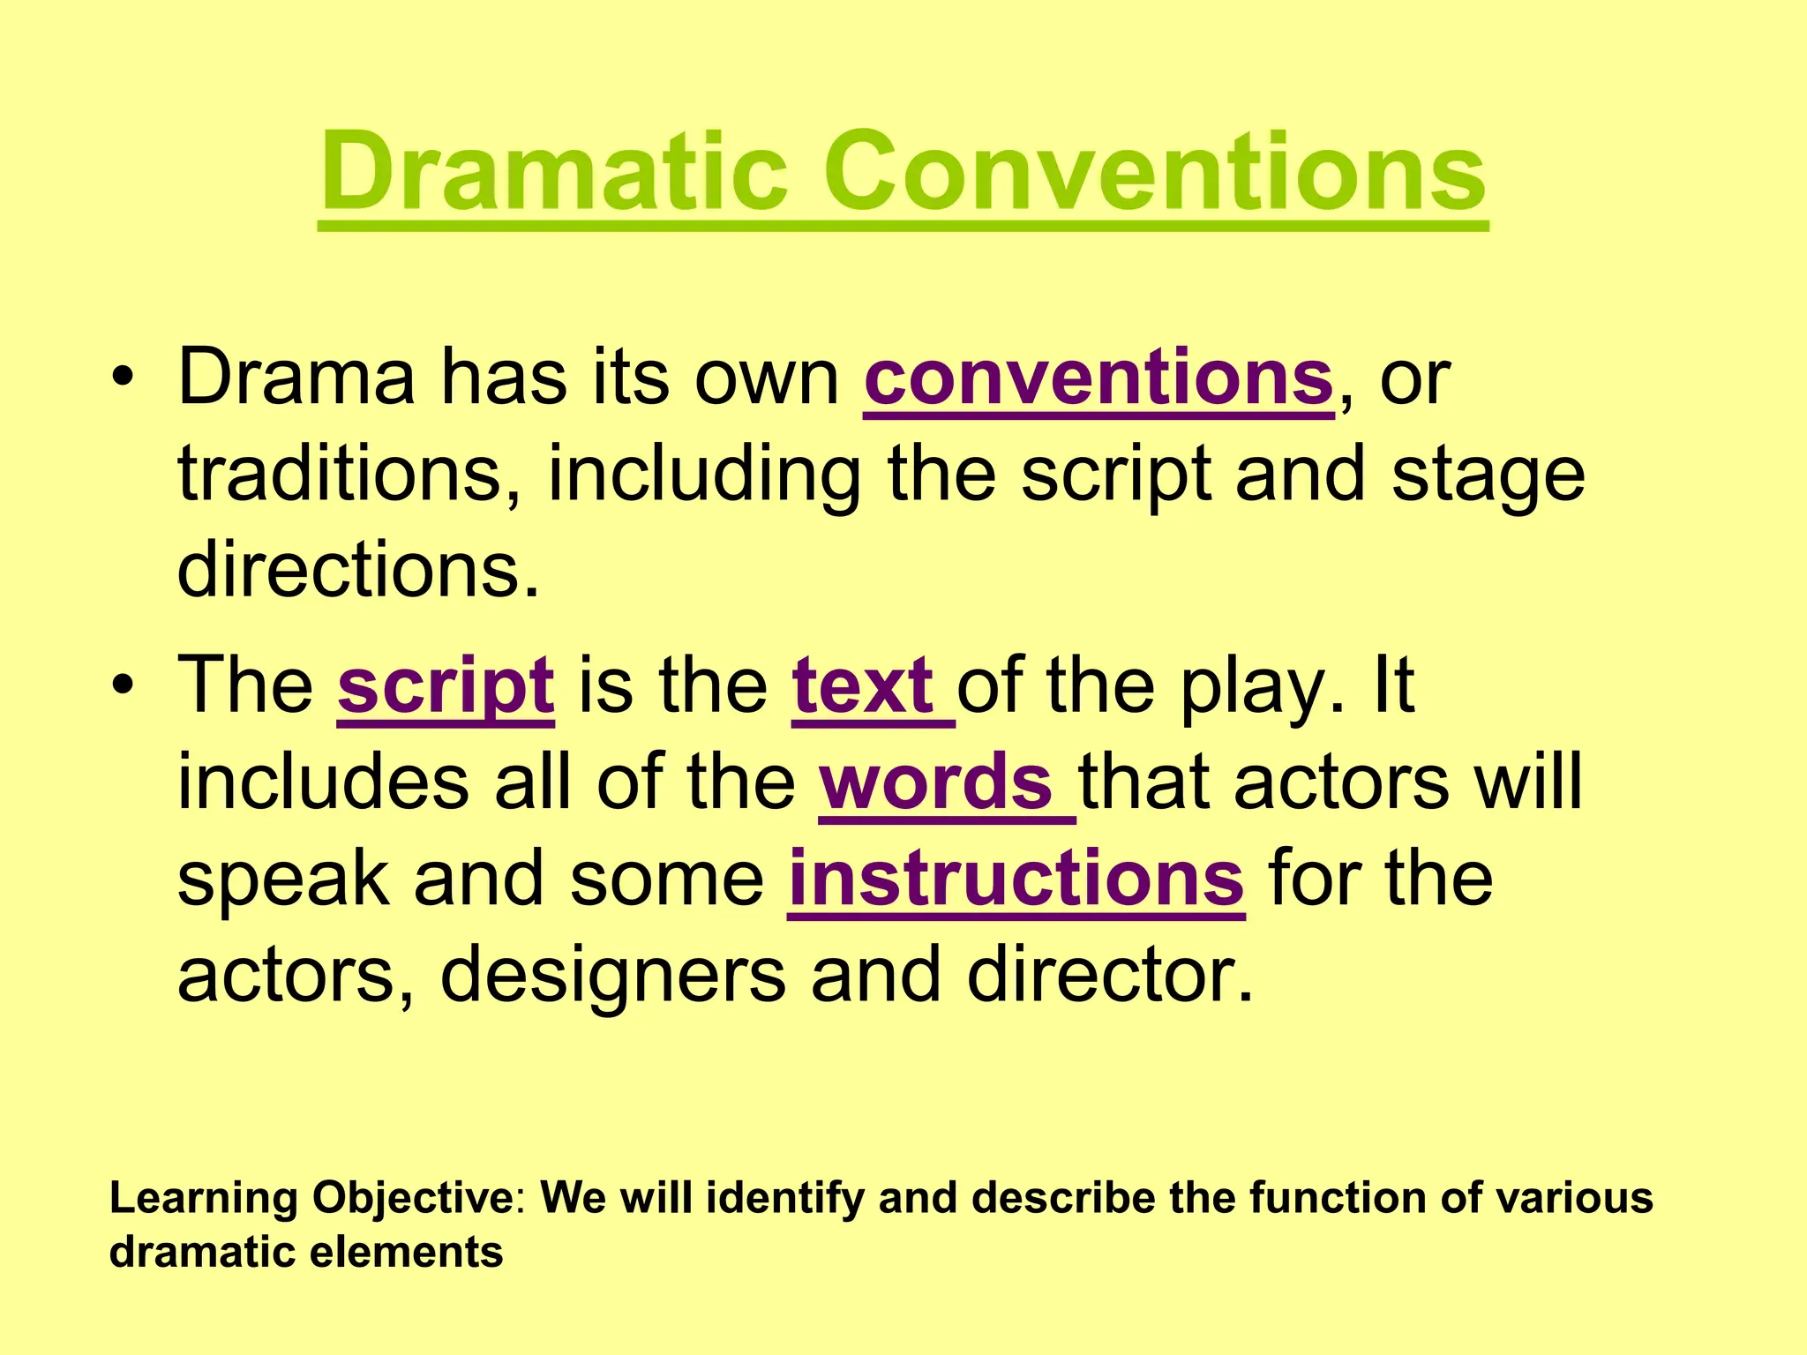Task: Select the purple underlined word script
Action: pos(446,688)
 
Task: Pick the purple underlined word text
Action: pos(863,686)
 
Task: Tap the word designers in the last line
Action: pos(612,976)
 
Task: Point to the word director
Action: pos(1109,976)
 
